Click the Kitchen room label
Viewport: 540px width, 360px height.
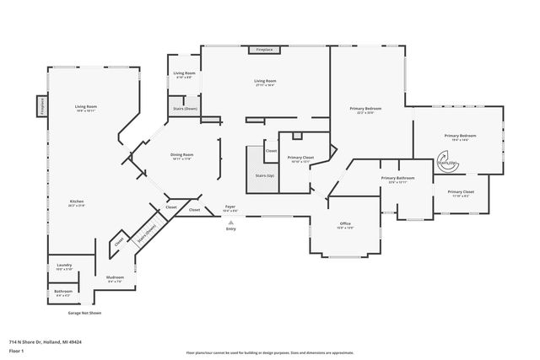click(x=77, y=201)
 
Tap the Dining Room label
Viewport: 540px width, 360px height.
click(x=182, y=154)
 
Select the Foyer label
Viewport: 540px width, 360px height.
click(x=230, y=207)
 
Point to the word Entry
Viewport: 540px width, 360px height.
click(x=230, y=228)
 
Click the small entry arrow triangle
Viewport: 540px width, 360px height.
click(x=230, y=221)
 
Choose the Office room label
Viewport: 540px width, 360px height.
click(x=345, y=223)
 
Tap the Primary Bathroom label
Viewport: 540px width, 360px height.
click(x=397, y=178)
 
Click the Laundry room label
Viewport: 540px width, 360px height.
click(x=64, y=266)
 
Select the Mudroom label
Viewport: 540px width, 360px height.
click(x=115, y=277)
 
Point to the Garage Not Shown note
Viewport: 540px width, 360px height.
click(x=84, y=312)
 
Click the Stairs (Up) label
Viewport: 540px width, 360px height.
click(x=264, y=175)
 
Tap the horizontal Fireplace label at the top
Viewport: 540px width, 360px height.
click(x=264, y=51)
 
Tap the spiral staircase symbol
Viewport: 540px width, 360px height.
click(x=445, y=160)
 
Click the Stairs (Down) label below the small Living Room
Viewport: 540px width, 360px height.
click(x=185, y=109)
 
